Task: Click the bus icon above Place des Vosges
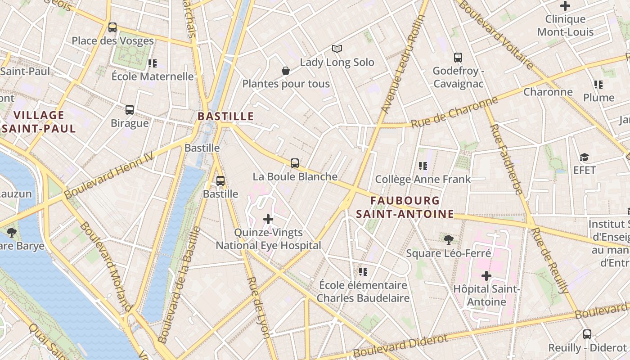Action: click(112, 27)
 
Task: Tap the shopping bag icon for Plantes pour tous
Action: click(285, 71)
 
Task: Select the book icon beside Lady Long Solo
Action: click(337, 49)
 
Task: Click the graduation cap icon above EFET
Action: click(584, 157)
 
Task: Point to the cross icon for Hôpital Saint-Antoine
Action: click(486, 275)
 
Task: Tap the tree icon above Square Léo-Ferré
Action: click(448, 239)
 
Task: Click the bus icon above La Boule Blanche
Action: click(295, 163)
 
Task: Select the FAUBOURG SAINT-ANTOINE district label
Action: click(405, 207)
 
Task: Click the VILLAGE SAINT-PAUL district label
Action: click(39, 122)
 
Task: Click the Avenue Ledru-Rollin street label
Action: click(403, 64)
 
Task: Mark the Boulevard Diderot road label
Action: click(400, 346)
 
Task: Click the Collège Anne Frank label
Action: click(423, 179)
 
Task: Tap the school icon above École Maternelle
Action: click(152, 63)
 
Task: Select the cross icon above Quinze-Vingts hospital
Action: click(268, 219)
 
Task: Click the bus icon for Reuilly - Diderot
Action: click(587, 334)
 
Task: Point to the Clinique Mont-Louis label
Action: click(565, 25)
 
